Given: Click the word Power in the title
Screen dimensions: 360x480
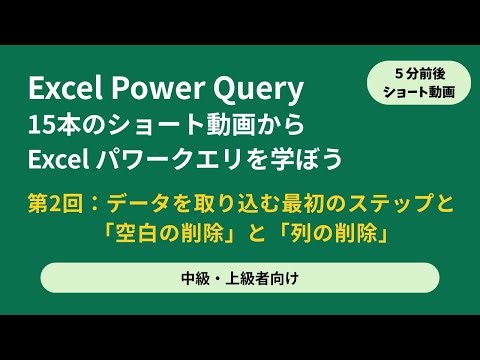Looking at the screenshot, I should pos(164,91).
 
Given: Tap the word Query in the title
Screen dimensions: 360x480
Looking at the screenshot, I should pos(257,91).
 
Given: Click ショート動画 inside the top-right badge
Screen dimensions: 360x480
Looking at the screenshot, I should pos(419,92).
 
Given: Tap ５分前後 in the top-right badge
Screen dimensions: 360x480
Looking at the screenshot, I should pos(419,72).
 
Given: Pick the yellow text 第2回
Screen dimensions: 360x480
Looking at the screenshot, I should pos(56,206).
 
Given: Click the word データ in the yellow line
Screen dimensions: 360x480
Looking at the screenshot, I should pos(135,206).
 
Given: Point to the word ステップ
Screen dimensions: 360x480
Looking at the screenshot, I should pos(388,206).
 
